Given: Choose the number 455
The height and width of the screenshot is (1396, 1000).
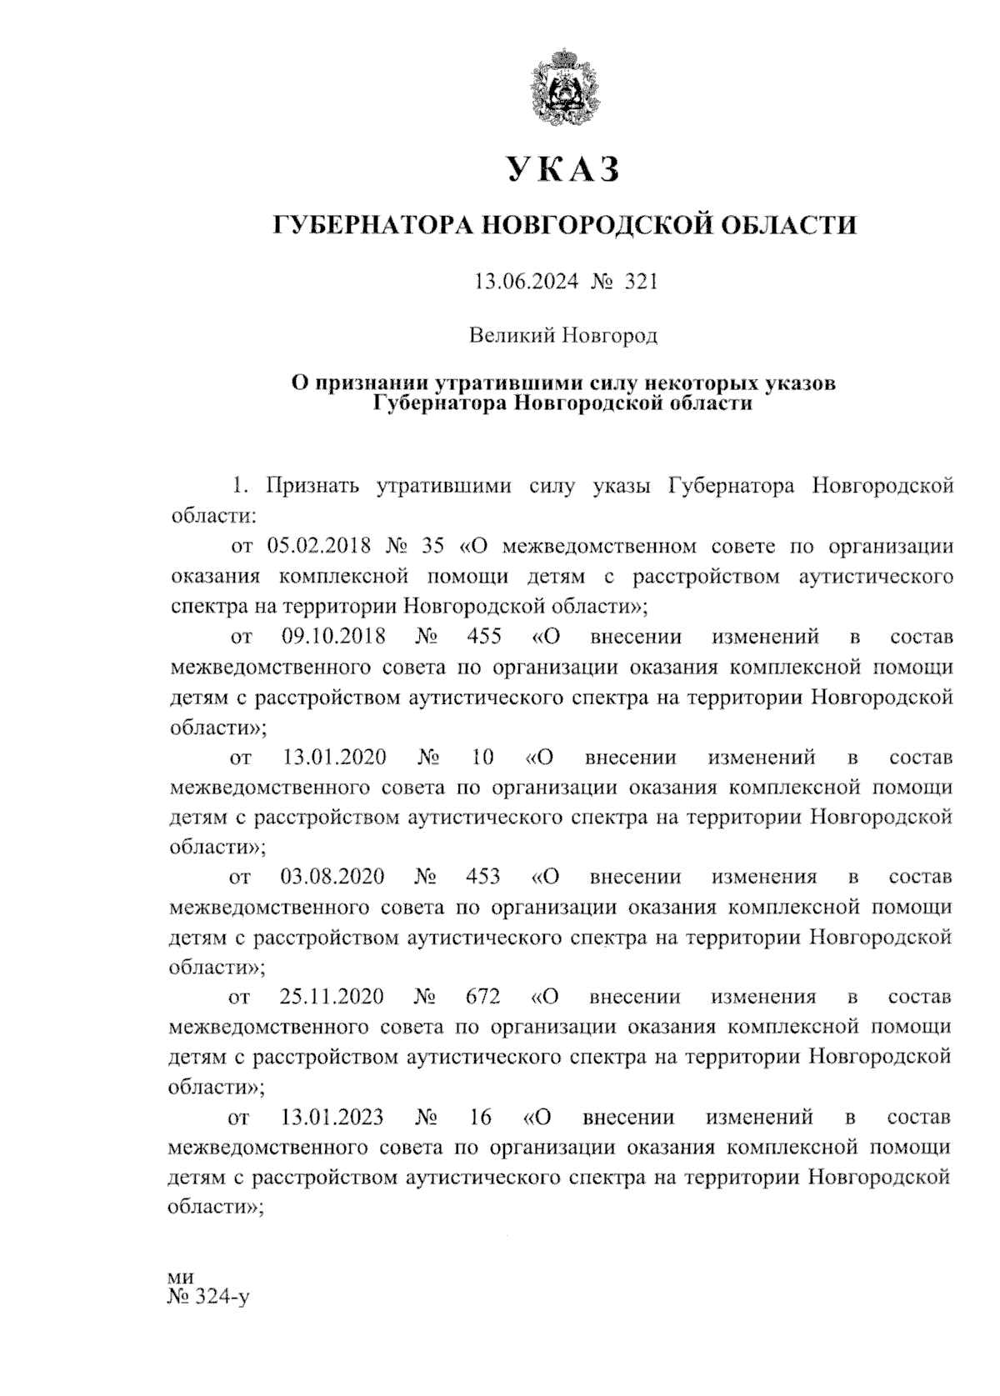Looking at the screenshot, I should point(485,637).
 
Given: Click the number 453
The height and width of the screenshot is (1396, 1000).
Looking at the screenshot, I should point(484,877).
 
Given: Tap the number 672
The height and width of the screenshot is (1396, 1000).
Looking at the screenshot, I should point(484,997).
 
